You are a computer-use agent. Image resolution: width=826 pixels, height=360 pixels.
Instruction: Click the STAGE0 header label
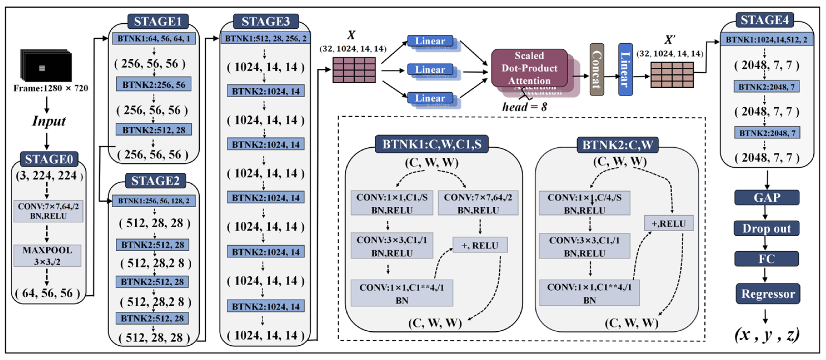pos(49,159)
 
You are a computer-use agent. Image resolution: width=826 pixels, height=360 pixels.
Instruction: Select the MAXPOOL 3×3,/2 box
pos(48,255)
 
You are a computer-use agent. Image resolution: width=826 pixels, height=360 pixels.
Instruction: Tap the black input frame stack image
pos(46,66)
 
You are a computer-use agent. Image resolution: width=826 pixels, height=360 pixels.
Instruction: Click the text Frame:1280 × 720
pos(51,88)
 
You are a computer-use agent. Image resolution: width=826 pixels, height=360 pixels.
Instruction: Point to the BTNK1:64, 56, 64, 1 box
pos(154,38)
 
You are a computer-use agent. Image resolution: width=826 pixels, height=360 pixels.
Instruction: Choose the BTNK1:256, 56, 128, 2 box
pos(154,201)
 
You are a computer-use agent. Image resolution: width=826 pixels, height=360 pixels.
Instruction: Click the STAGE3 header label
pos(265,22)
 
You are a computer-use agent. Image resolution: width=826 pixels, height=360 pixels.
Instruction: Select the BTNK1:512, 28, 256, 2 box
pos(265,38)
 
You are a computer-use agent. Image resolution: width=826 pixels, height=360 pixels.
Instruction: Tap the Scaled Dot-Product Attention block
pos(529,68)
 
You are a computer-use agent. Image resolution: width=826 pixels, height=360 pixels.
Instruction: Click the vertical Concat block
pos(597,70)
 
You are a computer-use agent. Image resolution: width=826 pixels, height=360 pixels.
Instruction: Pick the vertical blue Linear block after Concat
pos(625,70)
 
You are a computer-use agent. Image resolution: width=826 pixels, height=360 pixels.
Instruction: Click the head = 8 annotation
pos(524,107)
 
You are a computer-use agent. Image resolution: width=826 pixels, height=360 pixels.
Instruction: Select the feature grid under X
pos(354,70)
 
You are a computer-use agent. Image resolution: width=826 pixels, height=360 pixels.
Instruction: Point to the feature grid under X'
pos(672,75)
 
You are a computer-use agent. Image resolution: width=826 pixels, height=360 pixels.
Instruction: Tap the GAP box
pos(766,198)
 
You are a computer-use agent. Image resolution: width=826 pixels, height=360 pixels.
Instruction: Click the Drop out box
pos(766,228)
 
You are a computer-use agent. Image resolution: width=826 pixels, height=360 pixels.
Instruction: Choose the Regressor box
pos(768,294)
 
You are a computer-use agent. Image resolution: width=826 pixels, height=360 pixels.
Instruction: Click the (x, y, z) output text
pos(766,335)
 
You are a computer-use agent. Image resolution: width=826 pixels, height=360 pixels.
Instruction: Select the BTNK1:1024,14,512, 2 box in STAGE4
pos(766,40)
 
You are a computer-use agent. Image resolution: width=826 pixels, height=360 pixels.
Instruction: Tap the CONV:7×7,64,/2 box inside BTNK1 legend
pos(478,203)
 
